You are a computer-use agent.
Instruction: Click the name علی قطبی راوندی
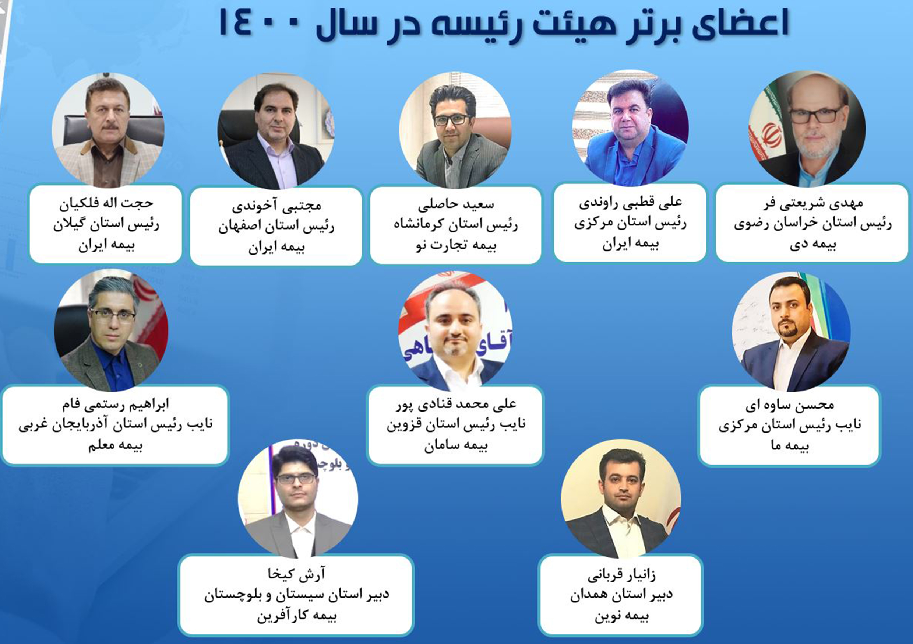tap(630, 203)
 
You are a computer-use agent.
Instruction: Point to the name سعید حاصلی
tap(456, 204)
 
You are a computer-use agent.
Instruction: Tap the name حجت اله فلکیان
tap(106, 203)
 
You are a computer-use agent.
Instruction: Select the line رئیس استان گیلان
tap(106, 224)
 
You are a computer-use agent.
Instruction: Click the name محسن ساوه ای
tap(789, 405)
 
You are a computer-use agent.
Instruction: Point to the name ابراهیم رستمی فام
tap(115, 405)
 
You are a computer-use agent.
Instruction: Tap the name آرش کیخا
tap(297, 574)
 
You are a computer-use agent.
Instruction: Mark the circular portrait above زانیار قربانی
tap(621, 499)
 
